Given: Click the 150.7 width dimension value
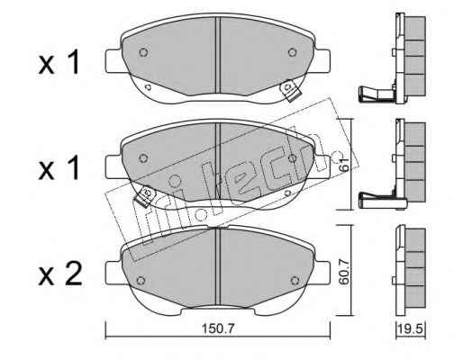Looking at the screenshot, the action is (218, 329).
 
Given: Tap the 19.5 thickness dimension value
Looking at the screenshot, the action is (411, 329).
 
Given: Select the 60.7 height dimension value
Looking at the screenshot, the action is (345, 272).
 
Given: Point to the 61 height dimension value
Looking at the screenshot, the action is (345, 164).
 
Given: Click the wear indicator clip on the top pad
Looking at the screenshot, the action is (290, 90).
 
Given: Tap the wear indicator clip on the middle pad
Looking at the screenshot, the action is (145, 196).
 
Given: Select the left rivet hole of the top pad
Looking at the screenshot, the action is (143, 52).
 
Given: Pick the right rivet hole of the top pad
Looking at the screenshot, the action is (292, 52).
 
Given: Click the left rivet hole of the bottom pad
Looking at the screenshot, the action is (141, 280).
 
